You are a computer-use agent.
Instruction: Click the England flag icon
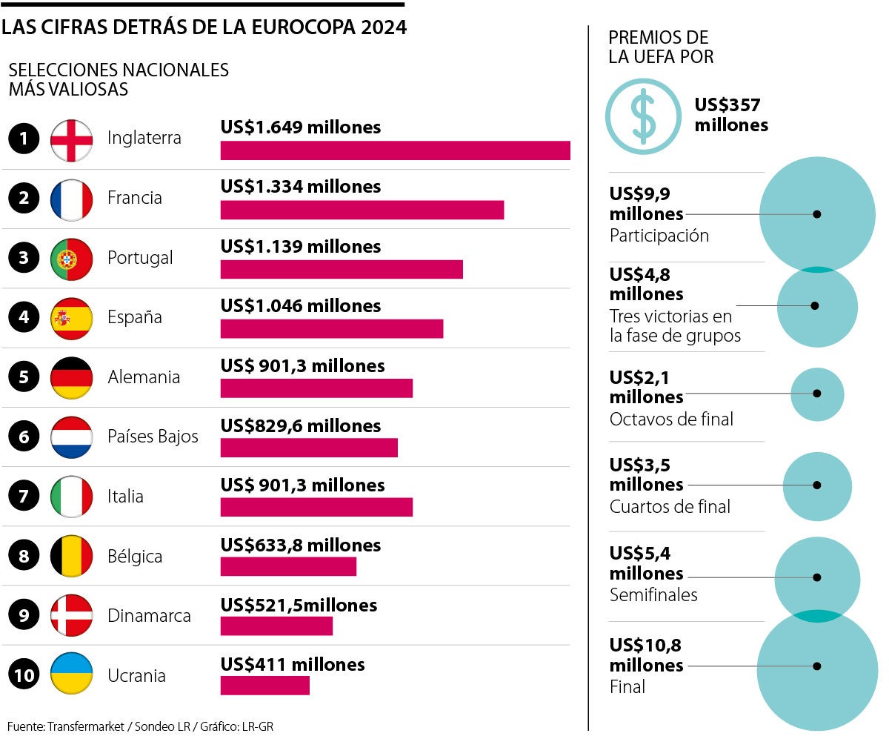71,139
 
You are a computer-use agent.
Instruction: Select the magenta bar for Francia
362,210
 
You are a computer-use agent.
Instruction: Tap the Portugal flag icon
71,258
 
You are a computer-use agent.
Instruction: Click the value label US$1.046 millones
300,305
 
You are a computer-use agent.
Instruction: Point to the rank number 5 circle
24,377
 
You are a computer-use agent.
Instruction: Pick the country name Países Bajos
153,437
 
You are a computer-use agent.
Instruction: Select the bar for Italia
316,507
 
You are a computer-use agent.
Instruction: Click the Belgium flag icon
71,556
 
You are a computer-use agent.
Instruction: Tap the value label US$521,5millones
299,605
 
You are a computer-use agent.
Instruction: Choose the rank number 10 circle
24,675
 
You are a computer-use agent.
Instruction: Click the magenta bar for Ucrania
264,685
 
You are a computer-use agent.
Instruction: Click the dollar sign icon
642,116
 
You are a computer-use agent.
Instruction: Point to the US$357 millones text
730,115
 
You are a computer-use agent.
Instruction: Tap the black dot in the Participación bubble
816,213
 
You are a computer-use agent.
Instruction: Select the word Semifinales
653,594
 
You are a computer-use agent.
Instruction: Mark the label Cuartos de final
669,507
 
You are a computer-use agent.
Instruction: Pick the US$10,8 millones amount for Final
646,655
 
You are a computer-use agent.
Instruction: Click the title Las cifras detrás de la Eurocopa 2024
204,27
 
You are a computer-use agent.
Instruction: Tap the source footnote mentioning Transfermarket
141,726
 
